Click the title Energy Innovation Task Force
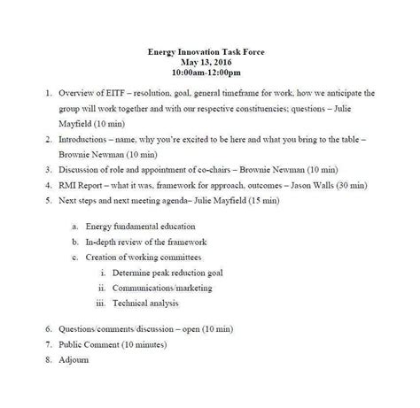click(210, 52)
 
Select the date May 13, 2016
click(210, 63)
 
